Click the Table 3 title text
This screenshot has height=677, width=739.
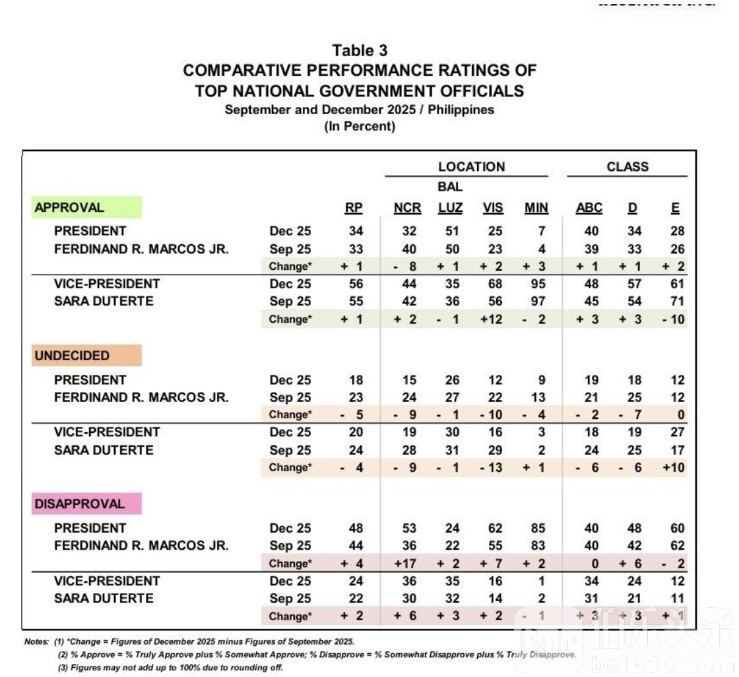tap(360, 51)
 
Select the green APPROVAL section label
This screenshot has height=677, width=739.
tap(69, 207)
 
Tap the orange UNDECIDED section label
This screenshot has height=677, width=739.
tap(72, 356)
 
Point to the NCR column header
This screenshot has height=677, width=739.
tap(407, 208)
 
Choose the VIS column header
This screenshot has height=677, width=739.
tap(492, 208)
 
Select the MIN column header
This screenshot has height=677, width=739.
tap(536, 208)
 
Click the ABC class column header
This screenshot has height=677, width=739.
tap(589, 208)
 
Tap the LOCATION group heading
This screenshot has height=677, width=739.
tap(471, 167)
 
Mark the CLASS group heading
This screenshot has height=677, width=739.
tap(627, 167)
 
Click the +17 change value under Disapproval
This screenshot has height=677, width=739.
tap(407, 564)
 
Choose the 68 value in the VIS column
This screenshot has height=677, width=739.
tap(494, 284)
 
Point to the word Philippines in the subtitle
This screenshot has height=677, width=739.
tap(461, 110)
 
